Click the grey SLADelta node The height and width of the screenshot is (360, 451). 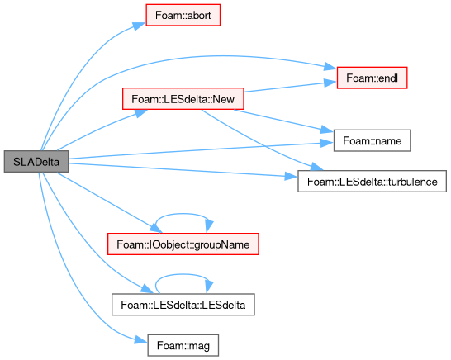click(x=36, y=162)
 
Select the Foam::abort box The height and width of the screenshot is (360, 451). click(x=183, y=15)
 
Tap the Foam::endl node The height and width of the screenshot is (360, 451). click(x=372, y=78)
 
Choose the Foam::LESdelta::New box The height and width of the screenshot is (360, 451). click(x=183, y=99)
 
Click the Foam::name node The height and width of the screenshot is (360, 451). click(x=372, y=140)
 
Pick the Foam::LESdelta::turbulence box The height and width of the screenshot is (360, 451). click(x=372, y=182)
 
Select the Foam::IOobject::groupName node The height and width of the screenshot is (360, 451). click(x=183, y=244)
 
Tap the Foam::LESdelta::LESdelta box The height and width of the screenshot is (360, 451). click(x=183, y=305)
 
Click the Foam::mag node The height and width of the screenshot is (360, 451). click(x=183, y=345)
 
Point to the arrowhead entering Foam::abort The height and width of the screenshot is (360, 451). click(x=140, y=26)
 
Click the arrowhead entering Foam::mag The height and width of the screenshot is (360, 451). click(x=141, y=340)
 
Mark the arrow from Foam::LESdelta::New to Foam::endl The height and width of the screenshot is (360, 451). click(x=290, y=88)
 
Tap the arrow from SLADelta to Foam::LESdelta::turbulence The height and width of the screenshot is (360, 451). click(x=183, y=170)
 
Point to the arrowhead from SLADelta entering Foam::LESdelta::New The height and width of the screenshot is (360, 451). click(x=141, y=112)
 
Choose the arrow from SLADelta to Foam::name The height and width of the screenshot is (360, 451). click(x=201, y=150)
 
